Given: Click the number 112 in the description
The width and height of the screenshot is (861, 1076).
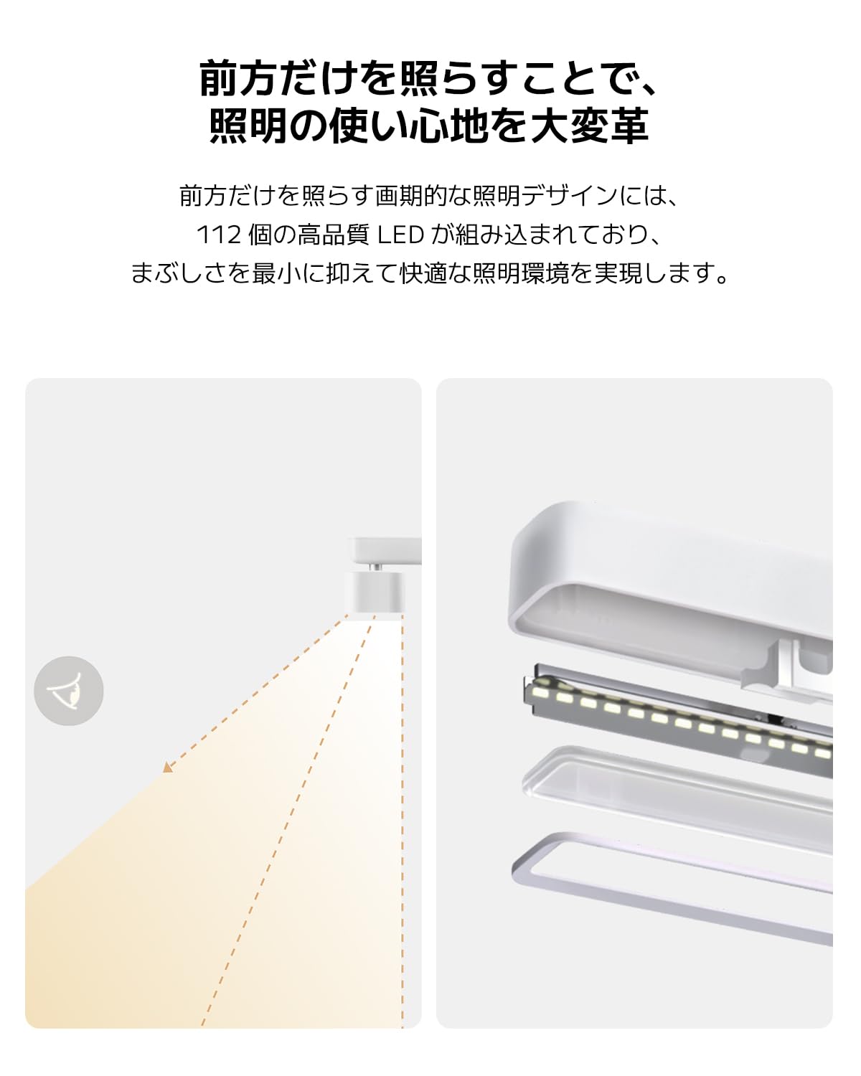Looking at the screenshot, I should [x=218, y=235].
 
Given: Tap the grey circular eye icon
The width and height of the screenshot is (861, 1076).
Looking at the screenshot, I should [x=69, y=691].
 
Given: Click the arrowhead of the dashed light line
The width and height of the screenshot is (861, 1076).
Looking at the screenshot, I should [x=168, y=768].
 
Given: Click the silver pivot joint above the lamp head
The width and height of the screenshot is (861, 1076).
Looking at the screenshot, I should [x=375, y=567].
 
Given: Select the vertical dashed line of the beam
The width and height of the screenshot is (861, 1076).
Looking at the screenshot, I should [x=403, y=825].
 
